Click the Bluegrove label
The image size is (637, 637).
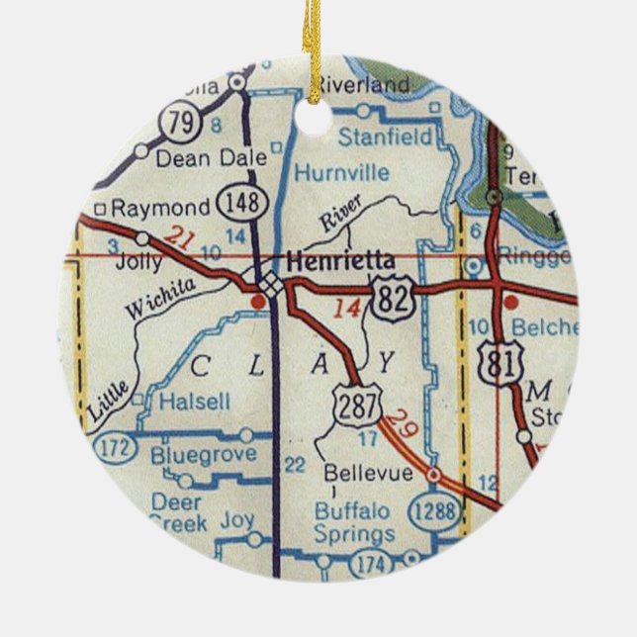click(x=204, y=455)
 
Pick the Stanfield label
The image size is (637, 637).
click(x=385, y=137)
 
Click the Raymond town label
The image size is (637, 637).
click(x=160, y=208)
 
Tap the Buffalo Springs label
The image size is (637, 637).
click(x=354, y=523)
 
